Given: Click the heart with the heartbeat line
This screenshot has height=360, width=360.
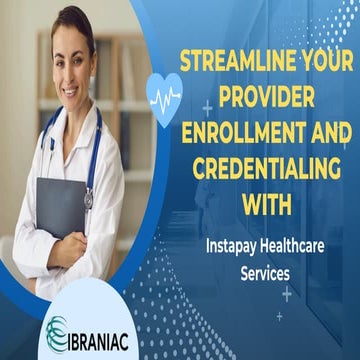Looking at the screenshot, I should (x=164, y=97).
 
